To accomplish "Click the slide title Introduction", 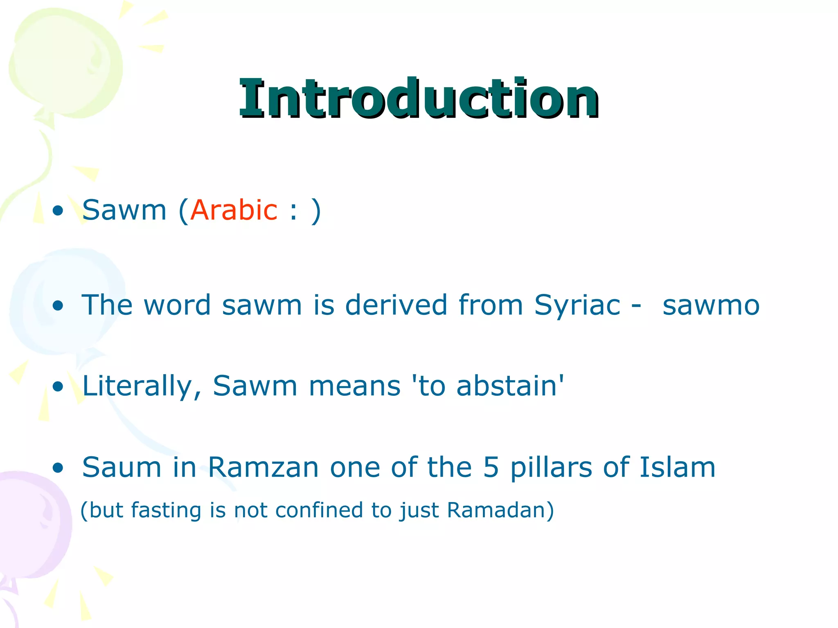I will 419,98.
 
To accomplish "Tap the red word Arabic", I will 234,210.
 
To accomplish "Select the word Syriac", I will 577,306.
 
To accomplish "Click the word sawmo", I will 711,306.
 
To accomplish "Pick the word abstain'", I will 510,386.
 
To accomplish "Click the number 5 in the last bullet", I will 491,467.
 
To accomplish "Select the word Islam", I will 677,467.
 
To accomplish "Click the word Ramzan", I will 263,467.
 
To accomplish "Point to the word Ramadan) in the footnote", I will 500,510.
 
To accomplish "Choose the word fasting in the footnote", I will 166,511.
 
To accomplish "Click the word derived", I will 396,305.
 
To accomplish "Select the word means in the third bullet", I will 354,387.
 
